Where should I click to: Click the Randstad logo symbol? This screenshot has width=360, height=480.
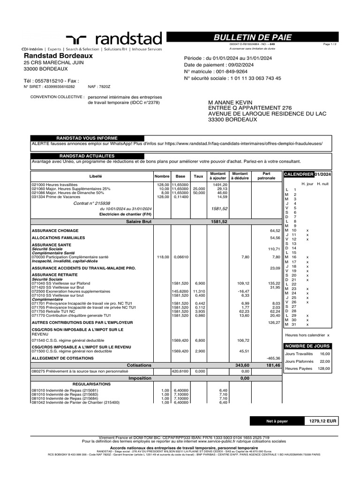78,40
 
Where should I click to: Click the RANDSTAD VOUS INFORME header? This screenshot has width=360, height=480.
87,138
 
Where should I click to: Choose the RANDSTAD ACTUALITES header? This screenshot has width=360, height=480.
87,156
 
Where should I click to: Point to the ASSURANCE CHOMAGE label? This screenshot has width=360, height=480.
55,231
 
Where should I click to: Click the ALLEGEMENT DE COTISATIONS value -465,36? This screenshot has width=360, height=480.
273,358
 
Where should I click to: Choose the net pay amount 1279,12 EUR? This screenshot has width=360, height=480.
322,421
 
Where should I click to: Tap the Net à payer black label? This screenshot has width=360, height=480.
277,421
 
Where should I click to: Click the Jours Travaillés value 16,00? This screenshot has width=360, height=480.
325,354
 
